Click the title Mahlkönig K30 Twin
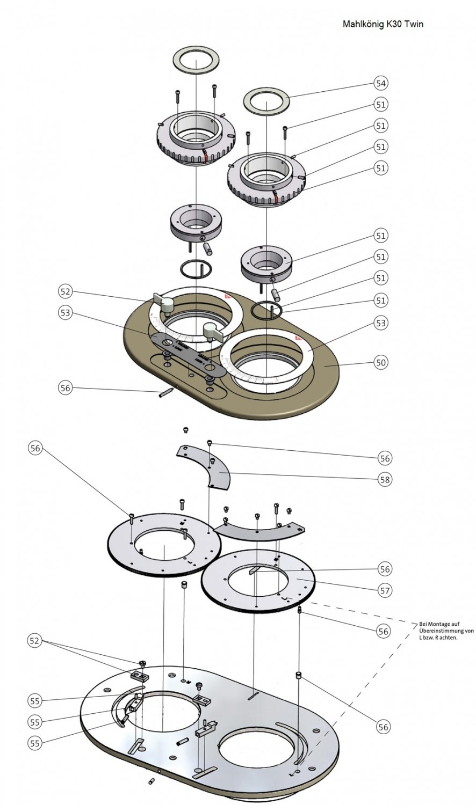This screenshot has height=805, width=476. point(383,24)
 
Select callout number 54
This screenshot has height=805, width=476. point(381,83)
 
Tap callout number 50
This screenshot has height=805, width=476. point(381,362)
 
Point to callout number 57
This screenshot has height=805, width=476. point(385,590)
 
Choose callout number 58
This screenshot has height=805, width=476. point(385,479)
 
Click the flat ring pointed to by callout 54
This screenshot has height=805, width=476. point(266,102)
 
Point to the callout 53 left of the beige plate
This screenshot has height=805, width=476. point(65,313)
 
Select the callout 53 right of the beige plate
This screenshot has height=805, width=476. point(381,323)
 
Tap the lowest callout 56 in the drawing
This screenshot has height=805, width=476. point(383,727)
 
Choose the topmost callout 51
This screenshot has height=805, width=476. point(381,104)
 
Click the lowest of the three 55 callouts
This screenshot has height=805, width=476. point(35,743)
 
